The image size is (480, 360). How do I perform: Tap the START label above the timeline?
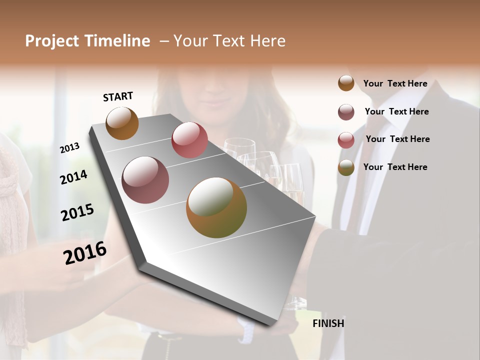(x=118, y=96)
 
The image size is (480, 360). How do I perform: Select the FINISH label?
(x=328, y=323)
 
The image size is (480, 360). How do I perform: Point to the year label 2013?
(x=69, y=147)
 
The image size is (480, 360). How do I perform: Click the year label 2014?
(x=74, y=177)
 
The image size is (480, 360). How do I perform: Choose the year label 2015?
(x=77, y=212)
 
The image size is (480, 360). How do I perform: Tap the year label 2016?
(x=85, y=253)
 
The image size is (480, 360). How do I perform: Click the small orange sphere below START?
(x=122, y=123)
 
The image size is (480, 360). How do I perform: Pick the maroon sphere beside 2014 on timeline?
(x=145, y=180)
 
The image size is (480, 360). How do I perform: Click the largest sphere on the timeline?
(x=216, y=207)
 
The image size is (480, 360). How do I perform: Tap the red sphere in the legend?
(x=346, y=140)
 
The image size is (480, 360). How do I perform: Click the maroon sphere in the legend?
(x=346, y=112)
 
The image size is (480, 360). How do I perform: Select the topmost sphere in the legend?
(x=346, y=83)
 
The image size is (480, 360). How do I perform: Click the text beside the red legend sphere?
(x=397, y=139)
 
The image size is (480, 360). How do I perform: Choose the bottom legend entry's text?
(x=395, y=167)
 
